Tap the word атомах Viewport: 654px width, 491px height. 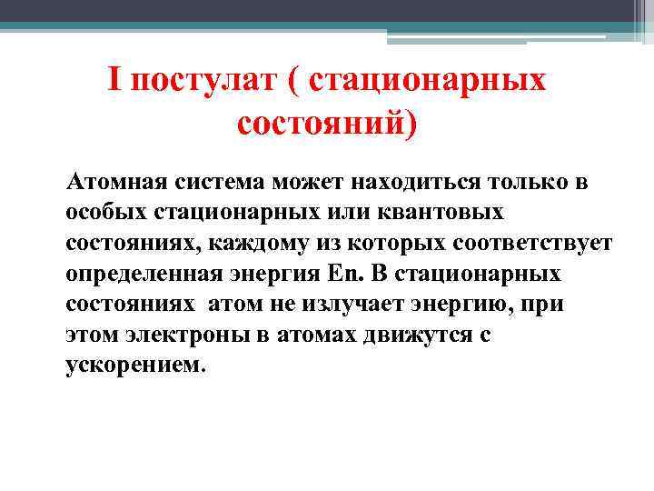[x=303, y=335]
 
